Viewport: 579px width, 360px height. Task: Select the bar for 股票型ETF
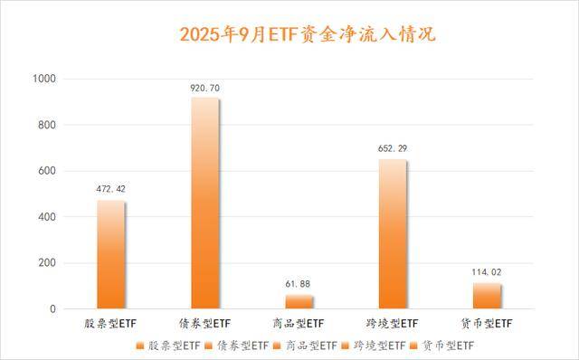tap(111, 255)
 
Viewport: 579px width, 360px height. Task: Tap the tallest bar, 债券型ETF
tap(205, 204)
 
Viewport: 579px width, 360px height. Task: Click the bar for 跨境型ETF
tap(393, 234)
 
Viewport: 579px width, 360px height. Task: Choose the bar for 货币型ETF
tap(487, 297)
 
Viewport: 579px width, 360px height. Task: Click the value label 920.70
tap(205, 87)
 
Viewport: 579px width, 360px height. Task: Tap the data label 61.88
tap(299, 285)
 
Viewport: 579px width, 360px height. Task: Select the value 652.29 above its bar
tap(393, 148)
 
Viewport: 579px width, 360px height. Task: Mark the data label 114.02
tap(487, 273)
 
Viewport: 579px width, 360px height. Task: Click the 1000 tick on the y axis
tap(44, 80)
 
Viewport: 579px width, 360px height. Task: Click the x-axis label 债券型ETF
tap(205, 324)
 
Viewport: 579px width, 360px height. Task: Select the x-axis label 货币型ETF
tap(487, 324)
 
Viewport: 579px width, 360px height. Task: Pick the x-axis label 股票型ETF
tap(111, 324)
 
